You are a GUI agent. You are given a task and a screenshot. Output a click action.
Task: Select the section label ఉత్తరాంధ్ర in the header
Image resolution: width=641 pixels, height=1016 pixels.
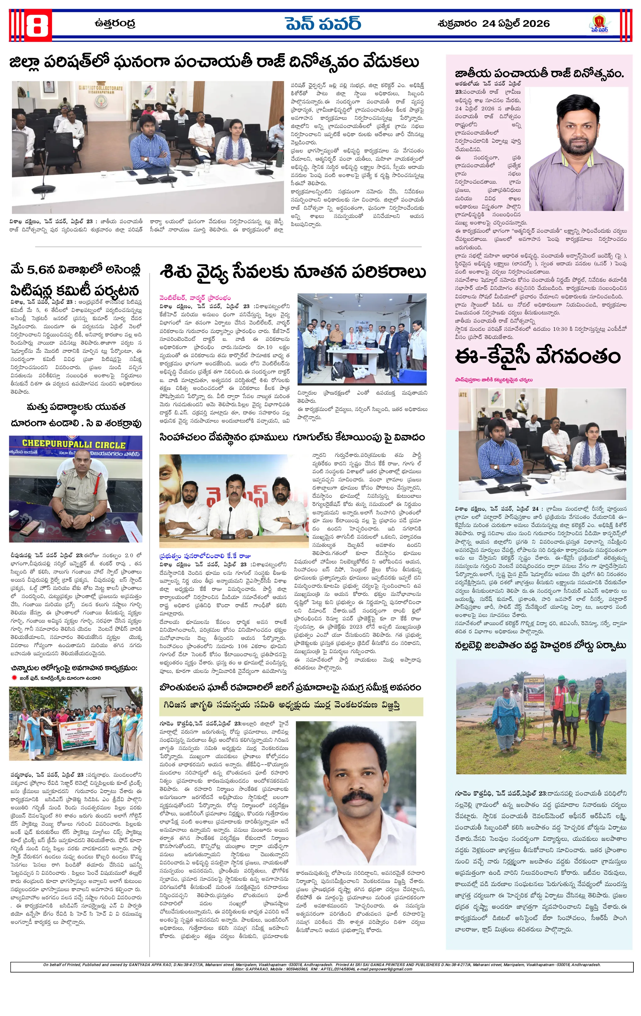(x=115, y=24)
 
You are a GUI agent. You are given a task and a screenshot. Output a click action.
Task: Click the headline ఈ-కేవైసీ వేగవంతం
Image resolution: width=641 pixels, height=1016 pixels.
(x=538, y=357)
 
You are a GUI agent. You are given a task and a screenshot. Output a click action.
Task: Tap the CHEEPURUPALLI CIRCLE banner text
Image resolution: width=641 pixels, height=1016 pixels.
(x=74, y=444)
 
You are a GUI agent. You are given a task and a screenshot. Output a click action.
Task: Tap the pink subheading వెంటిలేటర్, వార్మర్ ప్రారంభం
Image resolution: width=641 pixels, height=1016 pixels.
(x=195, y=298)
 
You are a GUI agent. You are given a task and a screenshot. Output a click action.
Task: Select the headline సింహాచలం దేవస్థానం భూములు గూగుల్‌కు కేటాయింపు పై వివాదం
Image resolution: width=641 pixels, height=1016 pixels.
(x=292, y=437)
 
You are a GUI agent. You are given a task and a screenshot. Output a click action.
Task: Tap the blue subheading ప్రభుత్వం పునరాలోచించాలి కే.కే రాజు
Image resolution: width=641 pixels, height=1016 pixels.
(x=205, y=556)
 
